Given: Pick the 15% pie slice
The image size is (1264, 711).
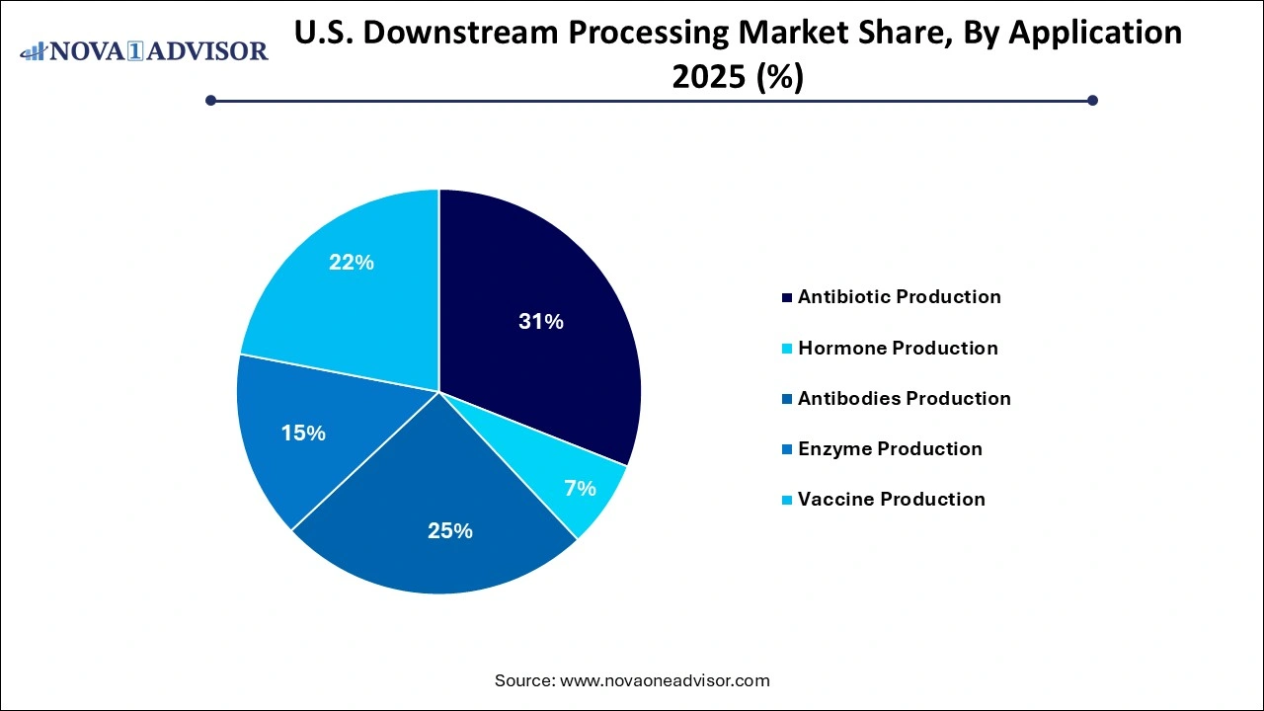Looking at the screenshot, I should coord(302,432).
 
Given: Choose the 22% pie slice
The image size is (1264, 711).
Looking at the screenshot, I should coord(351,263).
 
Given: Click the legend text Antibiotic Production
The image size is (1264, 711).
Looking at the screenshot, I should coord(899,297).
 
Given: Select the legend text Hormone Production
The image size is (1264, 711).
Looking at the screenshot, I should coord(898,349).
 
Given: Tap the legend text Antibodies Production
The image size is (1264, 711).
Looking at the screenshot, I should coord(904,399).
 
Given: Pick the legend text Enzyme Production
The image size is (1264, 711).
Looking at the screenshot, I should coord(890,449).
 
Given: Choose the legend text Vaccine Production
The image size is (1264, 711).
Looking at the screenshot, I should coord(891,500).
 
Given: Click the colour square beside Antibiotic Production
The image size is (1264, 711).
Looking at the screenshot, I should coord(786,297).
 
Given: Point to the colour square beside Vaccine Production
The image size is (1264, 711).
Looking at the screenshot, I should coord(786,500).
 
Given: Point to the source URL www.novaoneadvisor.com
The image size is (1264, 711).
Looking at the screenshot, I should coord(665,680).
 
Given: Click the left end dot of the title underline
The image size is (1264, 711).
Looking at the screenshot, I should coord(210,100).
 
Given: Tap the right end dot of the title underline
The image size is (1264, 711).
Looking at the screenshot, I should coord(1092,100).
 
